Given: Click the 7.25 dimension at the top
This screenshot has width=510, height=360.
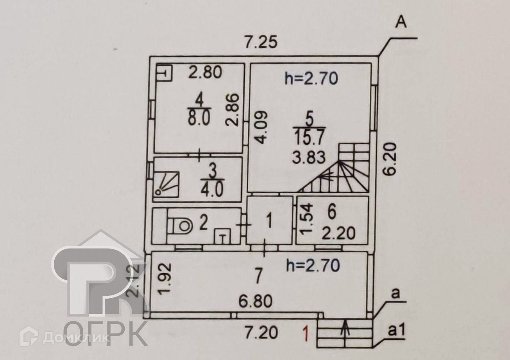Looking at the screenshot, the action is pos(261,43).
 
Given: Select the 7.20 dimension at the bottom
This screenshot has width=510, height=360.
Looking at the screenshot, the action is pos(261,332).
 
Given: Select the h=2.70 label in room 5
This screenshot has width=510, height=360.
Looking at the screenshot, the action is pos(311,78).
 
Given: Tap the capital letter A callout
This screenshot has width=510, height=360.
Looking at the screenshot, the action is pos(400,23).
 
